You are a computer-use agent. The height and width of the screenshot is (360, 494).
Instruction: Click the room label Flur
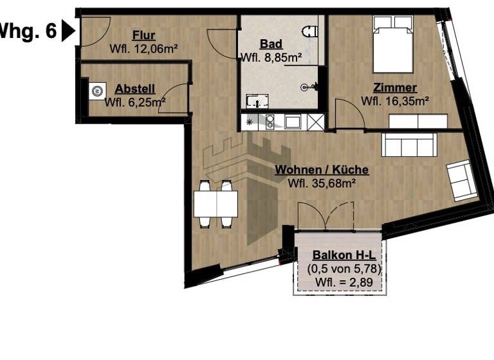coord(143,35)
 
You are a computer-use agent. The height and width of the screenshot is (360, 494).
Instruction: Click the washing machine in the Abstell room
coord(97,91)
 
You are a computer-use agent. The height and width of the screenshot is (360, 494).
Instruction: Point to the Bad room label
coord(270,44)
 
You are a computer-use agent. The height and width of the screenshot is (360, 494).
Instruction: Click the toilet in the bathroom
coord(311,31)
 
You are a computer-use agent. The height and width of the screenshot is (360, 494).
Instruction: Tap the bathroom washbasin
coord(257,102)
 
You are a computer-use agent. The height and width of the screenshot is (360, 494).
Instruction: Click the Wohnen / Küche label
coord(322,170)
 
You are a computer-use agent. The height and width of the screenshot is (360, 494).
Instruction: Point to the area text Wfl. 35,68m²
coord(322,183)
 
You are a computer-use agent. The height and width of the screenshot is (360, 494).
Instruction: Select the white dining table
coord(216,203)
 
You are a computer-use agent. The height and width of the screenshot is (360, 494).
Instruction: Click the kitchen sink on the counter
coord(292,121)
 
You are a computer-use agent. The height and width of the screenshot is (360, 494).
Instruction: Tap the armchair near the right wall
coord(462,180)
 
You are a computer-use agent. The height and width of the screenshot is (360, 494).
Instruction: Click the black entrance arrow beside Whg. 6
coord(68,30)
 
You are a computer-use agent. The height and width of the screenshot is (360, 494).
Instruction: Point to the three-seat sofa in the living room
coord(409,144)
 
